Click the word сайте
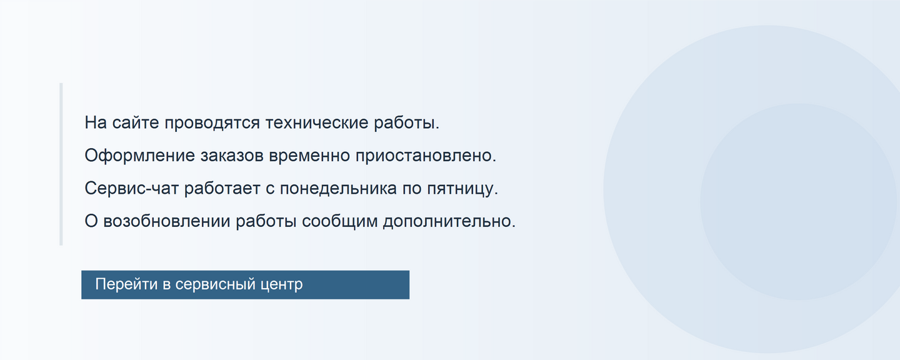pyautogui.click(x=136, y=122)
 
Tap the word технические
pyautogui.click(x=317, y=122)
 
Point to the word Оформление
pyautogui.click(x=139, y=156)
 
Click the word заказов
pyautogui.click(x=232, y=156)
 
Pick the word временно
pyautogui.click(x=309, y=156)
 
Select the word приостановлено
pyautogui.click(x=426, y=156)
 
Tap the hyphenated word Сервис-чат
pyautogui.click(x=131, y=189)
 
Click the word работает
pyautogui.click(x=222, y=189)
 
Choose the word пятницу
pyautogui.click(x=462, y=189)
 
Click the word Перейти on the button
pyautogui.click(x=126, y=284)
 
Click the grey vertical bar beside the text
pyautogui.click(x=61, y=164)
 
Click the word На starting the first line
pyautogui.click(x=96, y=122)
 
